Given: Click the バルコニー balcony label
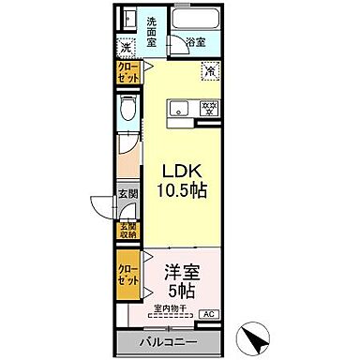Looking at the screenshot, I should pos(170,341).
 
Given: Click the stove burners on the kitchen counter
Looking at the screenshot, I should pos(209,109).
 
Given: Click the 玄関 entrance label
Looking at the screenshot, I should pos(126,194).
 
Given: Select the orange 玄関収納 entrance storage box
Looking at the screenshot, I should pos(126,231).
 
